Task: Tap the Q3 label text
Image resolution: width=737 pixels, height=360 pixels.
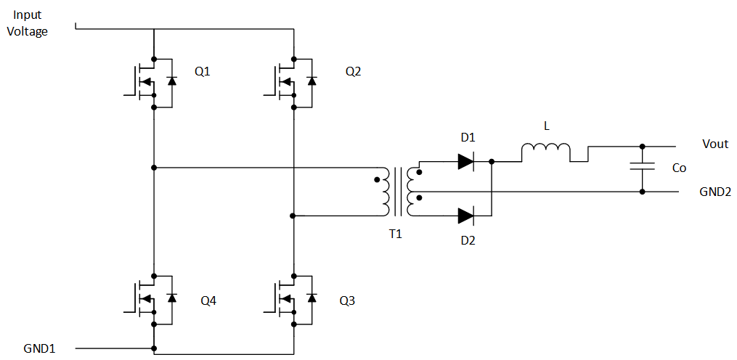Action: [347, 300]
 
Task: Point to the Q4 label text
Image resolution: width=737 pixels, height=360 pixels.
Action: [208, 300]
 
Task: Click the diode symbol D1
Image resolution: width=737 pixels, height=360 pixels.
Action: [466, 161]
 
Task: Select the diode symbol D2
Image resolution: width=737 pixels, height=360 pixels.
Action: [466, 214]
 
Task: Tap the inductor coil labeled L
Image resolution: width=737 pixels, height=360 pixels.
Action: [545, 150]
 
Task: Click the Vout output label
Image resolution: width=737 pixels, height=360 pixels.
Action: [714, 144]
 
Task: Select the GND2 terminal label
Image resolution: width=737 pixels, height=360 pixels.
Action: [714, 192]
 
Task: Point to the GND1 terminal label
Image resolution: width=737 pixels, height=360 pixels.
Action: [38, 348]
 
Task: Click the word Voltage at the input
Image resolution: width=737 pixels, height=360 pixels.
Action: [27, 31]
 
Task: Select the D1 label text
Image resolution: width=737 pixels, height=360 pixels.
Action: [467, 137]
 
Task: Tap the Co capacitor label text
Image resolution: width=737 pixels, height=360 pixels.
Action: [679, 168]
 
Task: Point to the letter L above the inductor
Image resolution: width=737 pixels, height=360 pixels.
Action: [546, 126]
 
